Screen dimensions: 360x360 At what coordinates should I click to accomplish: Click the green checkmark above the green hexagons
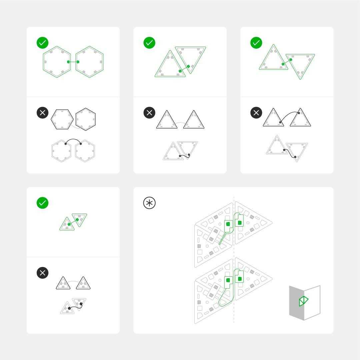pyautogui.click(x=43, y=43)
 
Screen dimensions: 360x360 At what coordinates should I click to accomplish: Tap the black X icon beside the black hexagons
pyautogui.click(x=43, y=113)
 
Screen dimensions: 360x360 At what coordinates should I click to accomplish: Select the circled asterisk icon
pyautogui.click(x=149, y=203)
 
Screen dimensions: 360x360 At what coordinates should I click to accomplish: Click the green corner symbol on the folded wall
pyautogui.click(x=303, y=301)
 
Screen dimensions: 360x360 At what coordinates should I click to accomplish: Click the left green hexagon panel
pyautogui.click(x=57, y=62)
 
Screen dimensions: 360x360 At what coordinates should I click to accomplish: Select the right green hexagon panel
pyautogui.click(x=90, y=62)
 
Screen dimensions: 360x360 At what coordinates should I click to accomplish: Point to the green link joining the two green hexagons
pyautogui.click(x=73, y=62)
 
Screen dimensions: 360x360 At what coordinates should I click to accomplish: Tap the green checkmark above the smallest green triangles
pyautogui.click(x=43, y=203)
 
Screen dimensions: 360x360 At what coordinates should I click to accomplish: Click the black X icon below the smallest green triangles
pyautogui.click(x=43, y=273)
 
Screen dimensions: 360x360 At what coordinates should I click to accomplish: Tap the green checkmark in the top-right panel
pyautogui.click(x=256, y=43)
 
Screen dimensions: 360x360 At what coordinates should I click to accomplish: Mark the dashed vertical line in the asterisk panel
pyautogui.click(x=234, y=253)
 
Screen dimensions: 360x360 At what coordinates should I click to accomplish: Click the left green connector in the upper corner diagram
pyautogui.click(x=228, y=224)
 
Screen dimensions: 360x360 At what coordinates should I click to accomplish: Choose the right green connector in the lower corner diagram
pyautogui.click(x=240, y=279)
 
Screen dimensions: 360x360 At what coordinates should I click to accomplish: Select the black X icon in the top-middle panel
pyautogui.click(x=149, y=113)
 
